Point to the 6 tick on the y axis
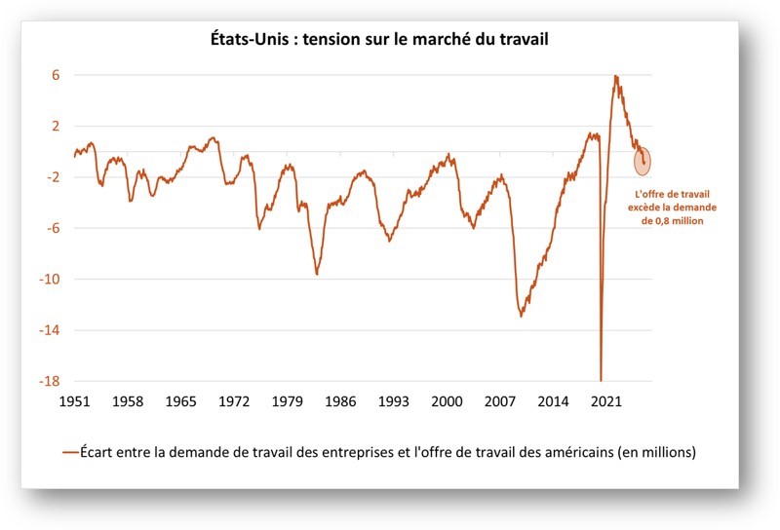(x=56, y=75)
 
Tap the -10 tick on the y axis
(x=51, y=280)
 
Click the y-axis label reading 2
(x=56, y=127)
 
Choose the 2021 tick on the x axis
(x=606, y=400)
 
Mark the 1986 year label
(x=340, y=400)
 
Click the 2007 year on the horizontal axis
(x=500, y=400)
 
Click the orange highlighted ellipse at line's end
(x=643, y=161)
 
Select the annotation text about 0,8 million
(x=671, y=208)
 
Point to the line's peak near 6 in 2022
(x=615, y=76)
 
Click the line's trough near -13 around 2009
(x=521, y=316)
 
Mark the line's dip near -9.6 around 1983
(x=317, y=274)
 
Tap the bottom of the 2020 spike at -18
(x=601, y=379)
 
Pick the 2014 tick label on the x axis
(x=554, y=400)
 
